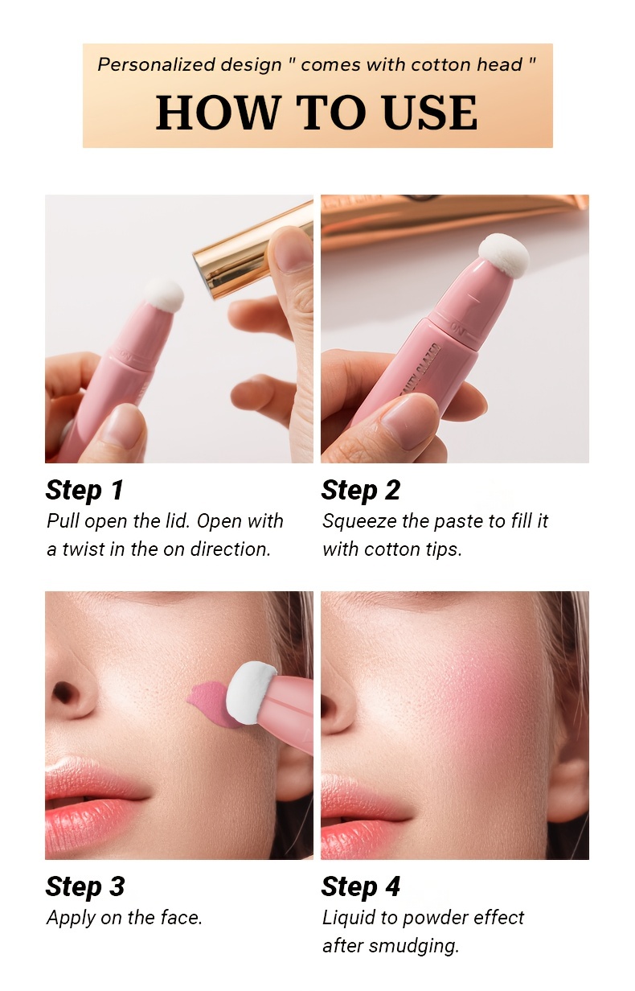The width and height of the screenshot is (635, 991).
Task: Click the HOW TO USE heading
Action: (317, 113)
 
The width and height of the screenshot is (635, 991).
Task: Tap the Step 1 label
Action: (84, 490)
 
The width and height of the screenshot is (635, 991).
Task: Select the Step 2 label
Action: (360, 490)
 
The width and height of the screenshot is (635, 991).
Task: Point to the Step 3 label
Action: (85, 886)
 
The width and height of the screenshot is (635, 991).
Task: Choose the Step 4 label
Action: (360, 886)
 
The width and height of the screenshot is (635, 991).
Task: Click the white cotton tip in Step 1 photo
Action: (164, 295)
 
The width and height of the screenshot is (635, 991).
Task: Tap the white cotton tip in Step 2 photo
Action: (504, 255)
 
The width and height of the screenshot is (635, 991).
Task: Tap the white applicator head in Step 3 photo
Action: (250, 693)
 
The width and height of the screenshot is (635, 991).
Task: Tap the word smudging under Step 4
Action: (413, 946)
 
